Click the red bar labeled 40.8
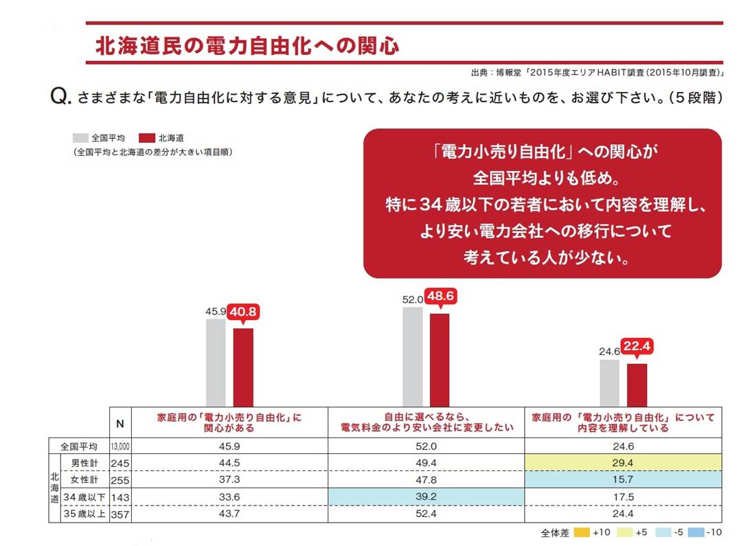click(243, 367)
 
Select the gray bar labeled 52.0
click(413, 356)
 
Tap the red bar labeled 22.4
click(637, 385)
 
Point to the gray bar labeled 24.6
click(609, 383)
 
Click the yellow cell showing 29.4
click(624, 462)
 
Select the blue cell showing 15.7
click(624, 479)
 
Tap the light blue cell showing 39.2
click(427, 497)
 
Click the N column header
click(120, 424)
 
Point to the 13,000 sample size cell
click(120, 446)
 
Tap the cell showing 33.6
click(229, 497)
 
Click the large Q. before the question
click(61, 97)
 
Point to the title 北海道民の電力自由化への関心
click(247, 46)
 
